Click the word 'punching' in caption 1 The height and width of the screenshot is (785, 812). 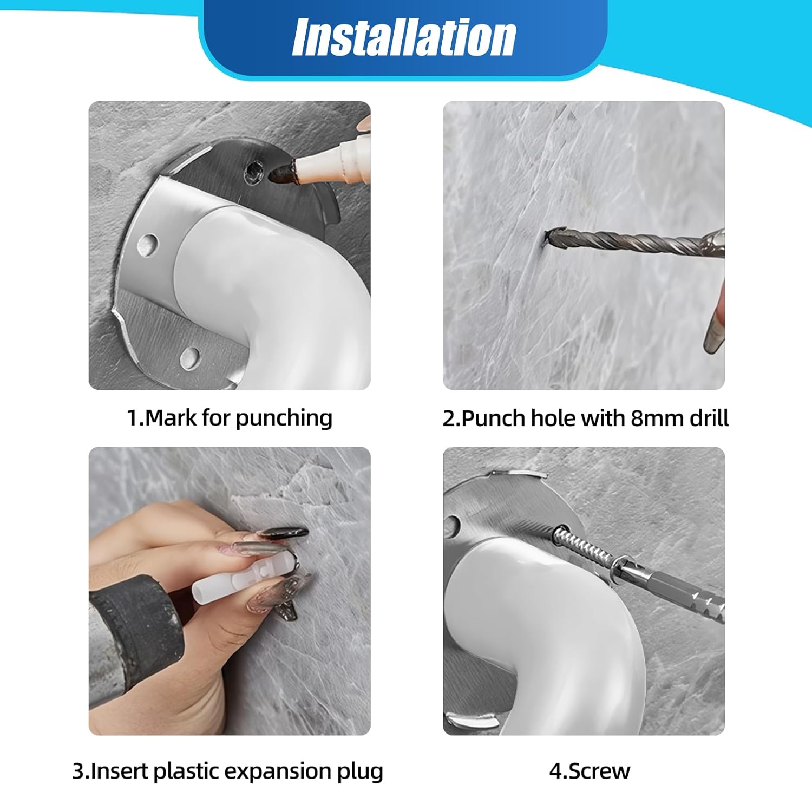(284, 418)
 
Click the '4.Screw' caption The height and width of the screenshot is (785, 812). (590, 770)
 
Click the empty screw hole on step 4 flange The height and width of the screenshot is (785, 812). (452, 524)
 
